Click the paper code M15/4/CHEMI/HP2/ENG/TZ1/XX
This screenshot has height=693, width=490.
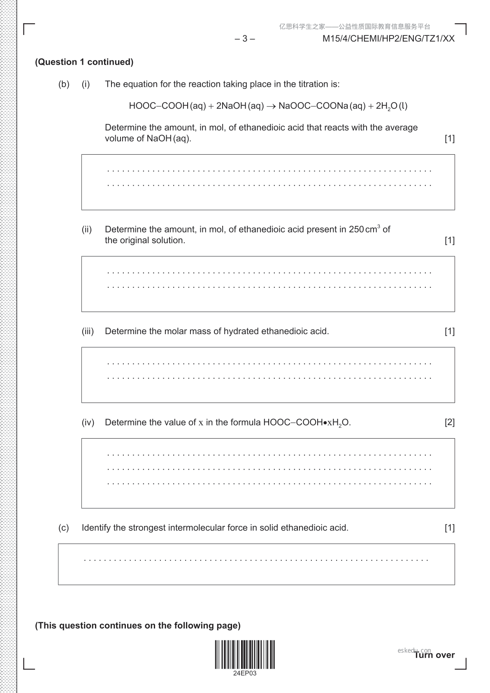tap(388, 39)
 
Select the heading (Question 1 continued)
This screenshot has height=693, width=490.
tap(84, 62)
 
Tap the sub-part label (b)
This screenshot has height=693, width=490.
tap(64, 84)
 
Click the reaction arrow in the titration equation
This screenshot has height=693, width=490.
tap(271, 106)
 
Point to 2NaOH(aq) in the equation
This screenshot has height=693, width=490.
tap(239, 106)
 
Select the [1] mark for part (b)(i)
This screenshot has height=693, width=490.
tap(449, 139)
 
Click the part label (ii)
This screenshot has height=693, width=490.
tap(87, 230)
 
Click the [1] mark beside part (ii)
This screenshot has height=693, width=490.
tap(449, 240)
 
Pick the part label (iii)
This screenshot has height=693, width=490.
tap(88, 331)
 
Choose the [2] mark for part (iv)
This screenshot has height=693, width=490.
tap(449, 422)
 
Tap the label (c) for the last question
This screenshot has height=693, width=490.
tap(64, 528)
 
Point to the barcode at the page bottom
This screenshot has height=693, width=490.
tap(245, 654)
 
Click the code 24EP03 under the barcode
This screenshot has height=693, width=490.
tap(245, 673)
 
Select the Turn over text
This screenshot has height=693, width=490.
tap(434, 655)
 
